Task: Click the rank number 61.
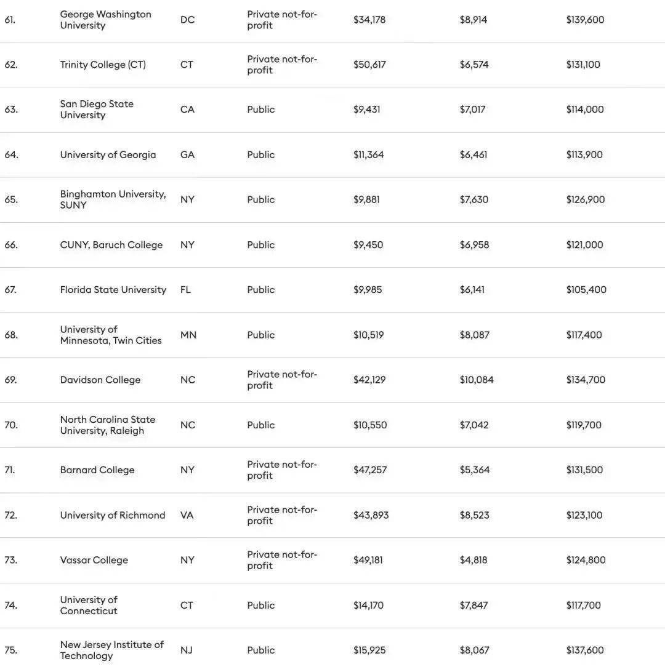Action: (9, 20)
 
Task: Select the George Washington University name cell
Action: (105, 20)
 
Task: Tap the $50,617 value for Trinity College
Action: (369, 65)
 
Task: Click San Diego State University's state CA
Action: (187, 110)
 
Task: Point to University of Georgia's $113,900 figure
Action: (584, 154)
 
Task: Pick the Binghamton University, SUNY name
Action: (113, 199)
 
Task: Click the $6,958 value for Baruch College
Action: (474, 245)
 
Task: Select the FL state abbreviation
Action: (185, 290)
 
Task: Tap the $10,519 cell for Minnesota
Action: (368, 335)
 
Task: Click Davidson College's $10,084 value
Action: (477, 380)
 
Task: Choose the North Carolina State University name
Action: (107, 425)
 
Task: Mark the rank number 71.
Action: (9, 470)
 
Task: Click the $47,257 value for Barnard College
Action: (370, 470)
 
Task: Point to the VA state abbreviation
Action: (187, 515)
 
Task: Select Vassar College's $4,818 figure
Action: (474, 560)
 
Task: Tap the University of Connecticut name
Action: (89, 605)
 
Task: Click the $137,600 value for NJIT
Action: (585, 650)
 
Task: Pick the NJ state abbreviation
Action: (186, 650)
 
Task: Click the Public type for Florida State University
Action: (261, 290)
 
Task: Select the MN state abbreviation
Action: (188, 335)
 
